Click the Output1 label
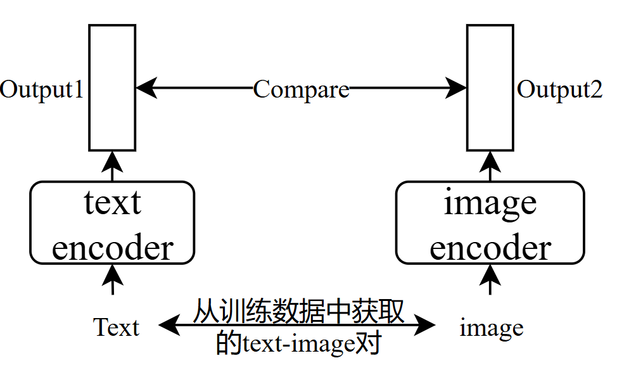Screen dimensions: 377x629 pos(42,89)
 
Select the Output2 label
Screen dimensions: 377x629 pos(560,89)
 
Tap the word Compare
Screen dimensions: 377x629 pos(301,89)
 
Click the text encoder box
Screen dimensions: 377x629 pos(112,222)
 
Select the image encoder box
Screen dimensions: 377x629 pos(490,222)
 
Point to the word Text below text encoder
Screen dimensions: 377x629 pos(117,328)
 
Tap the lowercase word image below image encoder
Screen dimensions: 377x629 pos(491,328)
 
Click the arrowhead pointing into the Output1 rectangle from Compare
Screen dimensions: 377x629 pos(146,88)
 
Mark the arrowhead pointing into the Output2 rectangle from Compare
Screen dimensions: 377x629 pos(456,88)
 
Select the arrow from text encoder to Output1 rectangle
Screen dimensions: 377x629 pos(112,166)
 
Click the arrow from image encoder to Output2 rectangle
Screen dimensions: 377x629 pos(490,166)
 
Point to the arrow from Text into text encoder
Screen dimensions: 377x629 pos(113,279)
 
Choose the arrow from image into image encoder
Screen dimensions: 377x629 pos(490,279)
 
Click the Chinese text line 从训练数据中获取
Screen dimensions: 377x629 pos(298,312)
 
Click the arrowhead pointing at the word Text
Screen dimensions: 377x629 pos(168,326)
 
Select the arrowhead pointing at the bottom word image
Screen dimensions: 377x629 pos(427,326)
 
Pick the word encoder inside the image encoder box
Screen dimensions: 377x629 pos(490,248)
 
